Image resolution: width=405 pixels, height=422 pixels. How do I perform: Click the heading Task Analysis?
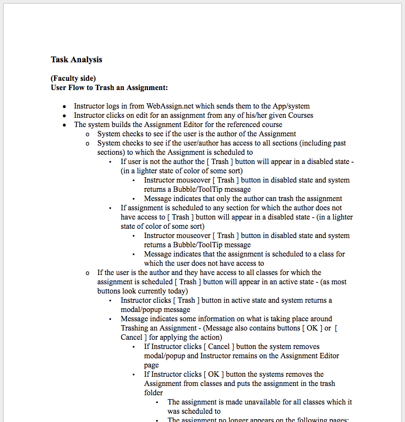(x=76, y=60)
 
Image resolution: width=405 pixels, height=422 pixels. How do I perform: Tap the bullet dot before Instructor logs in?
(x=65, y=107)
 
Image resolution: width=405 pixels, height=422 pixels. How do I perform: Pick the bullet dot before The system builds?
(x=65, y=125)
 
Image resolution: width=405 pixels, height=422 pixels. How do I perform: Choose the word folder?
(x=153, y=393)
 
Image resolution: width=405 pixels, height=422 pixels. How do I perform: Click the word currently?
(x=154, y=291)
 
